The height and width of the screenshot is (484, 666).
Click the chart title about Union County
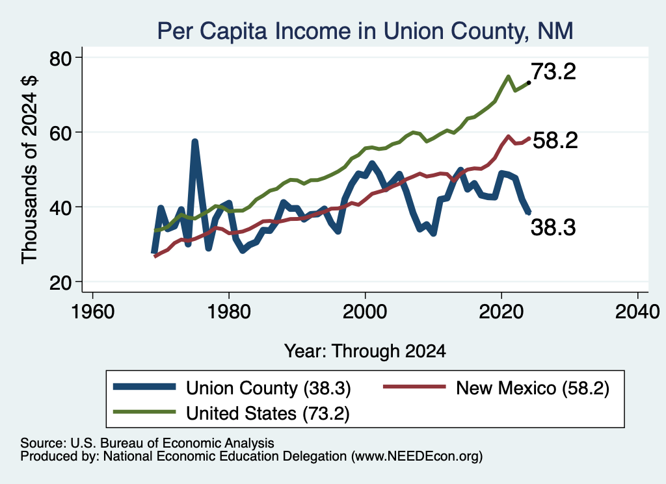coord(366,31)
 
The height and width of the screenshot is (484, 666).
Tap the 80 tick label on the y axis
coord(60,58)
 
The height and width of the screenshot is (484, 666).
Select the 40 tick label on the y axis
coord(60,208)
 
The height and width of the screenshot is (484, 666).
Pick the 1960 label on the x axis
coord(92,312)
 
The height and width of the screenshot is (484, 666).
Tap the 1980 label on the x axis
coord(229,312)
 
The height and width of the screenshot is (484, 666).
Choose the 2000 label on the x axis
coord(365,312)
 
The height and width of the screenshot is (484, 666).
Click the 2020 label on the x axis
coord(501,312)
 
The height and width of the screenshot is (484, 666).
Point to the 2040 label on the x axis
coord(637,312)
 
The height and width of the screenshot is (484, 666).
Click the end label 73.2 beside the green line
coord(553,71)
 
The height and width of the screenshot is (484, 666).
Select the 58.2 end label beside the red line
coord(555,140)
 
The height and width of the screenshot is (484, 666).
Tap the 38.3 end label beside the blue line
coord(553,227)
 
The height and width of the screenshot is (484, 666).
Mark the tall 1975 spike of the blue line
coord(194,142)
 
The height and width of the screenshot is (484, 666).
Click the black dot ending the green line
coord(528,83)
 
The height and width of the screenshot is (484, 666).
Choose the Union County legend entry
coord(232,388)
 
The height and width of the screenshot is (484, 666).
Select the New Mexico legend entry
coord(496,388)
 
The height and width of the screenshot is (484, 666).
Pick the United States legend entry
coord(231,413)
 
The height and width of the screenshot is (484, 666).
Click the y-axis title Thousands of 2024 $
coord(29,170)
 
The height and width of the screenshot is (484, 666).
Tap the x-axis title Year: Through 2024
coord(365,351)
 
